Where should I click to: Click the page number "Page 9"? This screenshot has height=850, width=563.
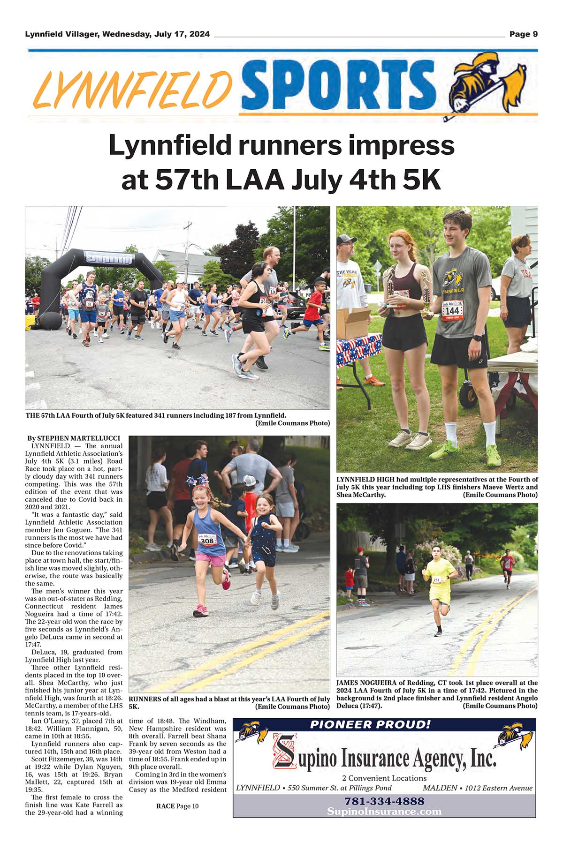pos(523,34)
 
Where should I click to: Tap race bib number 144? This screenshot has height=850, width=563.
pos(452,310)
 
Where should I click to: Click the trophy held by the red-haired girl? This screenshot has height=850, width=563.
pos(390,286)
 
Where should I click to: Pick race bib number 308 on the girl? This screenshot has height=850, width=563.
pos(207,541)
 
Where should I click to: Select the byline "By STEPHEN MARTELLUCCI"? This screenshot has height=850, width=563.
pos(74,438)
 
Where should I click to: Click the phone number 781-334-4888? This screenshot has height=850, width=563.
pos(384,801)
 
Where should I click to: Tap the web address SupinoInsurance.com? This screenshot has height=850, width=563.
pos(384,812)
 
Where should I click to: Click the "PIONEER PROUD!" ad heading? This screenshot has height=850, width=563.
pos(370,724)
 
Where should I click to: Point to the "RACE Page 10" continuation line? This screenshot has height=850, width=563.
pos(177,806)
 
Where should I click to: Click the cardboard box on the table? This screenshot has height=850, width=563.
pos(355,323)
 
